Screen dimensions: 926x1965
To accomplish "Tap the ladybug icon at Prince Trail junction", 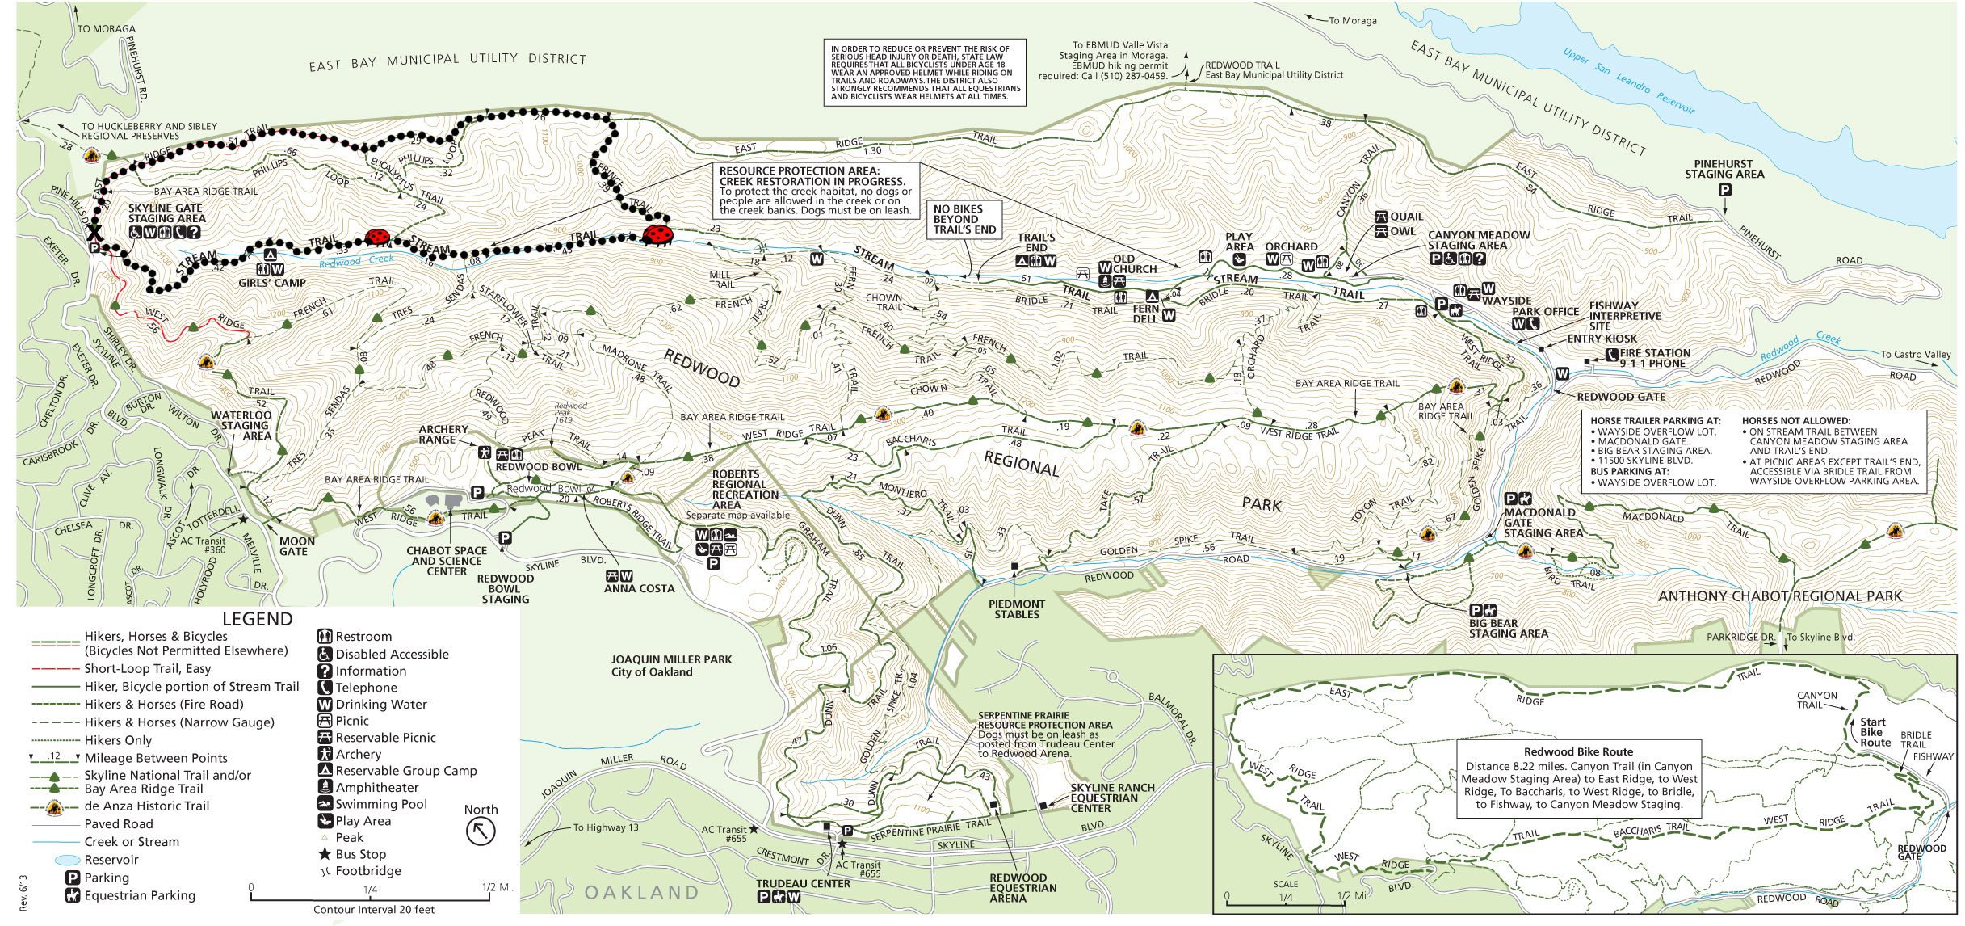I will click(657, 235).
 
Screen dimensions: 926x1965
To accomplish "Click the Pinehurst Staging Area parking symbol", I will click(1724, 191).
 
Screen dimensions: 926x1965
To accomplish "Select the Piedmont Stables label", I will click(1016, 609).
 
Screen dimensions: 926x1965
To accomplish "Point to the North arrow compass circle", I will click(481, 831).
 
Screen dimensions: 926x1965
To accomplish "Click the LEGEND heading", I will click(257, 620).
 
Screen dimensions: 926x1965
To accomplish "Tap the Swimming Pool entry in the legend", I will click(380, 804).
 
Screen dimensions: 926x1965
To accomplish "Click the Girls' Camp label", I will click(272, 283).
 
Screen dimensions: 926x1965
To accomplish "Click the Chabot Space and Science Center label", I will click(446, 561).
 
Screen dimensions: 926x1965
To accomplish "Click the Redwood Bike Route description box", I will click(1578, 778).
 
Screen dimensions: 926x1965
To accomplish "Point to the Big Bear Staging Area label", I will click(1508, 628).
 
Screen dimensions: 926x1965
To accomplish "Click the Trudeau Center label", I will click(803, 884).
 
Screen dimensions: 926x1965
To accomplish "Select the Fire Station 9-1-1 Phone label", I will click(1654, 358).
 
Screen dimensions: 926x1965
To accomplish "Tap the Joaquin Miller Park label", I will click(670, 666).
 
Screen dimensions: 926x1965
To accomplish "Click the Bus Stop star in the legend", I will click(325, 854).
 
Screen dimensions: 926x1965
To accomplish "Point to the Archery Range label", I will click(443, 435).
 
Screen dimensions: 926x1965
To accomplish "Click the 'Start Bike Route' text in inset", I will click(1875, 732).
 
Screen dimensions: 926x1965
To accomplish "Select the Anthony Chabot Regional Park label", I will click(1780, 596).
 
